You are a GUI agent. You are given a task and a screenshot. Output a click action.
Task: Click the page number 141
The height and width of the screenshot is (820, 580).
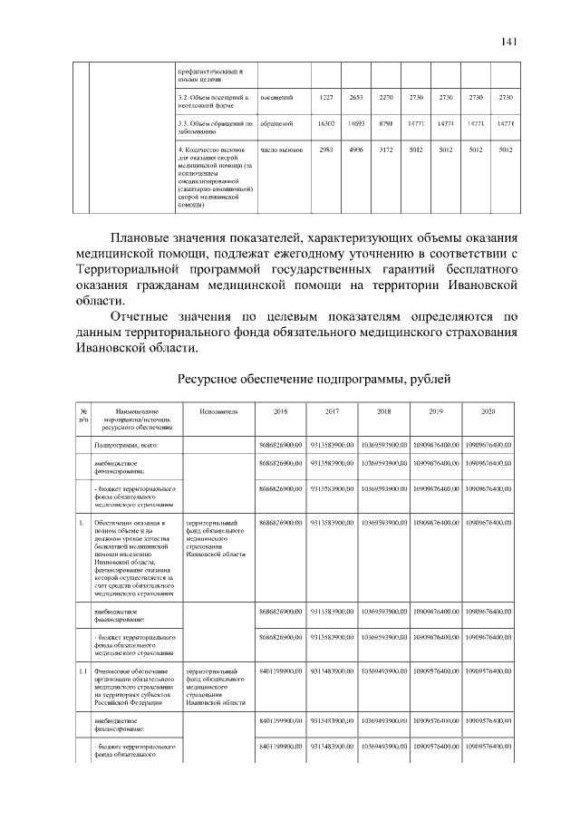tap(508, 42)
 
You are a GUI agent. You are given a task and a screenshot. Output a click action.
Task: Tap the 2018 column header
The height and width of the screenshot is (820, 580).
tap(383, 411)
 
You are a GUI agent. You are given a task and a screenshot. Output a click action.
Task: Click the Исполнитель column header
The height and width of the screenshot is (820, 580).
tap(218, 411)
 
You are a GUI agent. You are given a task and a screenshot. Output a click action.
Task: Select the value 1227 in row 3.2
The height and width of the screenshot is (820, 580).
tap(327, 97)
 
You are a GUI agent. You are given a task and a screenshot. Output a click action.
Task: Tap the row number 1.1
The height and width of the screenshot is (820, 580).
tap(82, 671)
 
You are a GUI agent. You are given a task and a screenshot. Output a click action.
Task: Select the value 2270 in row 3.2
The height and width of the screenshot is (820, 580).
tap(386, 97)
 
